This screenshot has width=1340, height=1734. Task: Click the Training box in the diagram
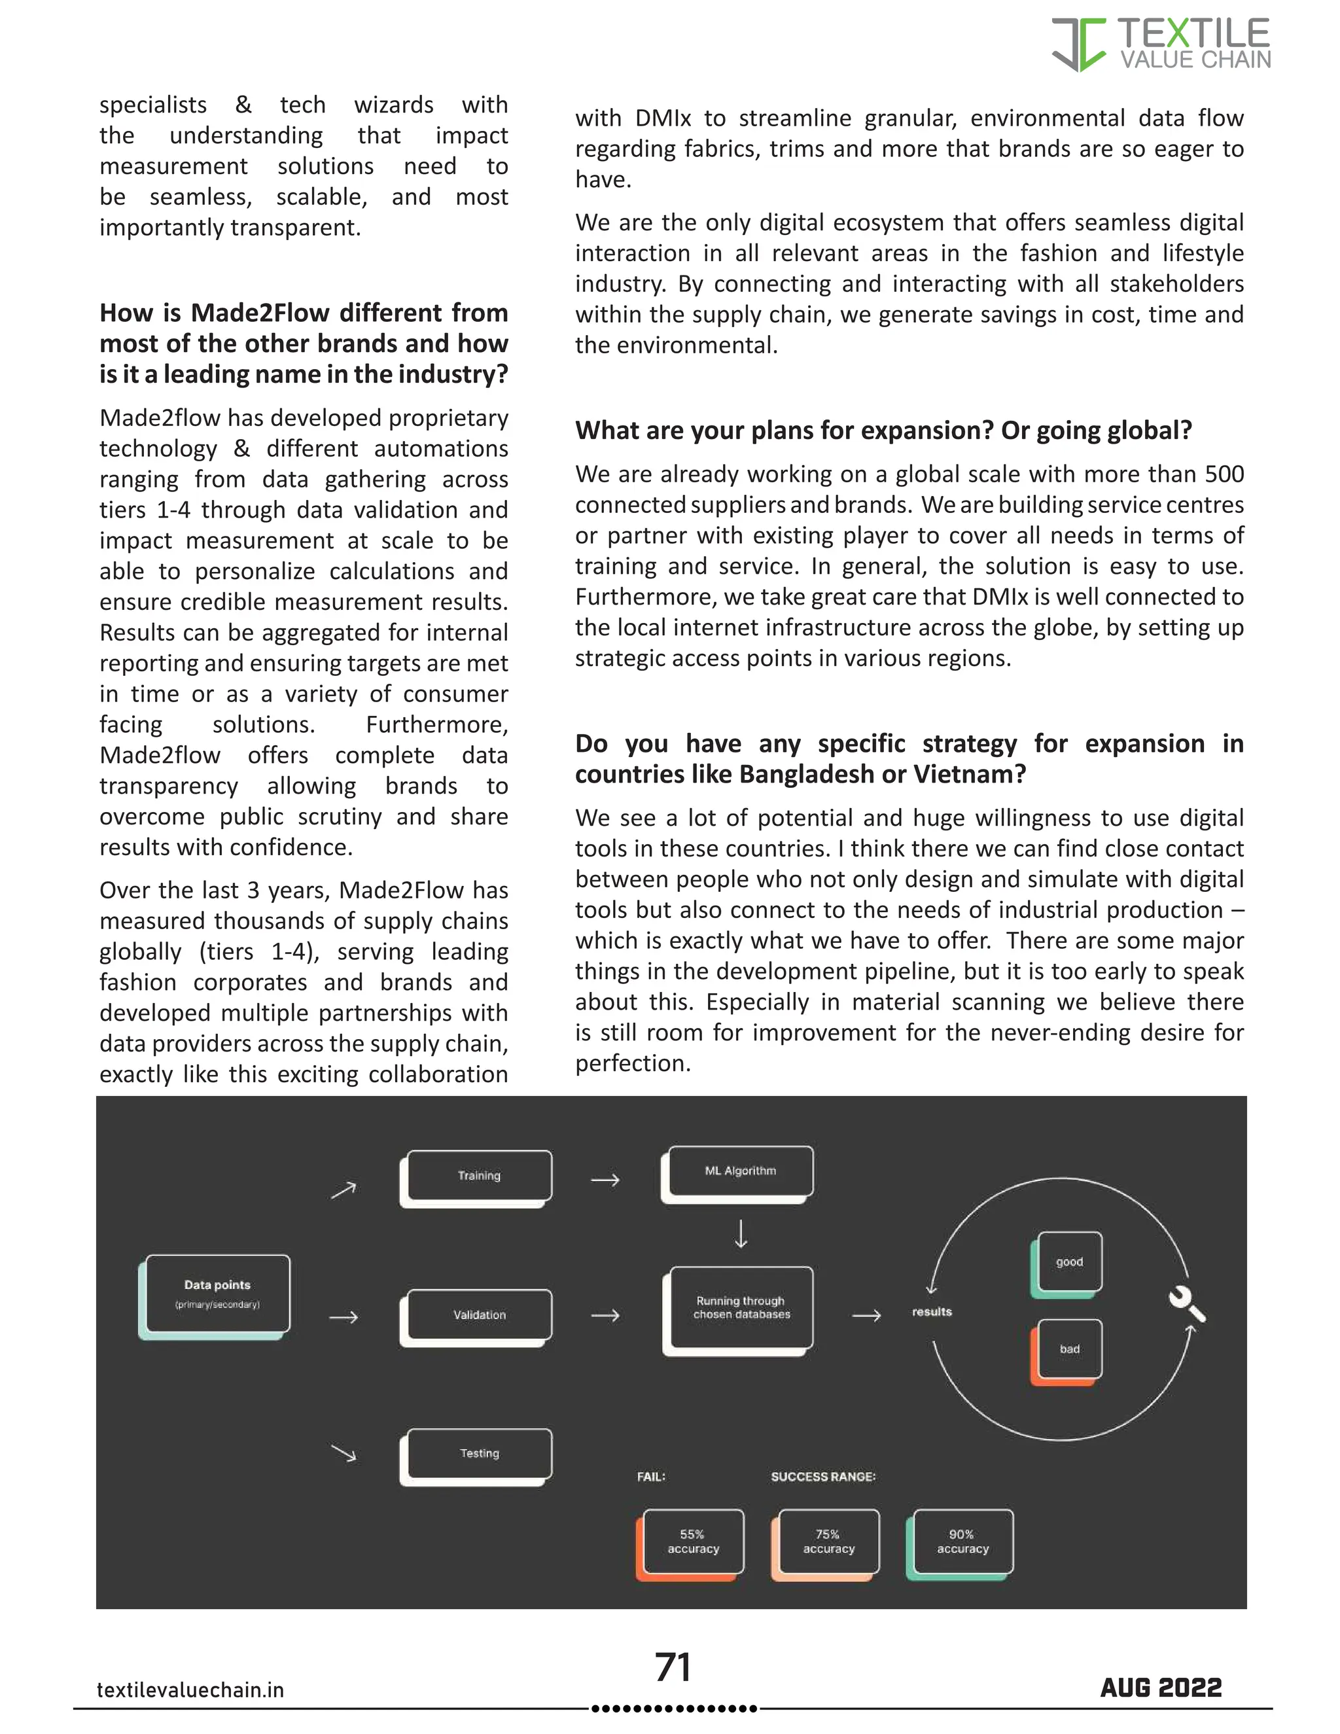479,1176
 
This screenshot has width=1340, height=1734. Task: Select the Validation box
479,1315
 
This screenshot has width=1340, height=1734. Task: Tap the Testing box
479,1454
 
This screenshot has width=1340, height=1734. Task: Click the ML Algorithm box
740,1171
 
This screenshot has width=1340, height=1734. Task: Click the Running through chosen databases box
741,1307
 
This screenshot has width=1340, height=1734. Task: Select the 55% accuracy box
692,1541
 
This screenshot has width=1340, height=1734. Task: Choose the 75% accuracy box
828,1541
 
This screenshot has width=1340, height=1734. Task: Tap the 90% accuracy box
962,1541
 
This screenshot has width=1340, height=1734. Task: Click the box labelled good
1068,1262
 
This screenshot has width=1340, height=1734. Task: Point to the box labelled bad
1068,1349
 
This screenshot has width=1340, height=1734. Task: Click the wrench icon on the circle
1186,1303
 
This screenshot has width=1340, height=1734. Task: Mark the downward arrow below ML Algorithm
741,1234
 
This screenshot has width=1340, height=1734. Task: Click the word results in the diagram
932,1311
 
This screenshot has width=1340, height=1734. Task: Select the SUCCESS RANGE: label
823,1477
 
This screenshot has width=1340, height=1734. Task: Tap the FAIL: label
651,1477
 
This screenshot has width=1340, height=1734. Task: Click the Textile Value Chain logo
1161,44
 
